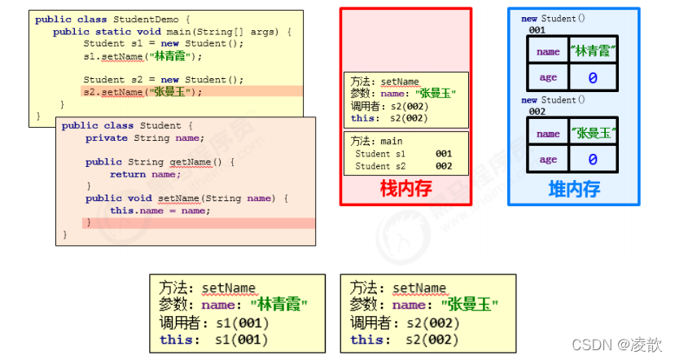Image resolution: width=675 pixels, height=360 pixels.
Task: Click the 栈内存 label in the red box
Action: (x=405, y=189)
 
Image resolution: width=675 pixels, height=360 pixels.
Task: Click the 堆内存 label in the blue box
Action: (x=574, y=190)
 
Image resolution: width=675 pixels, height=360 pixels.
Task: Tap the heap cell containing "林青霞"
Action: (x=593, y=50)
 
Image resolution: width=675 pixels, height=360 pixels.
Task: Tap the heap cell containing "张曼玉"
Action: (x=593, y=133)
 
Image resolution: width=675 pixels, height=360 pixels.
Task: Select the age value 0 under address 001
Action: (x=593, y=78)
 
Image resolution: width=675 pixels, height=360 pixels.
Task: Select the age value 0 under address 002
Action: (x=593, y=160)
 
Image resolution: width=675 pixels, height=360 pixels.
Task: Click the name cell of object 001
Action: (x=548, y=50)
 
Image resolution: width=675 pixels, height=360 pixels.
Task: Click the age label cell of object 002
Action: (x=548, y=160)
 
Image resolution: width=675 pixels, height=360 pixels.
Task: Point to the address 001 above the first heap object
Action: (x=537, y=29)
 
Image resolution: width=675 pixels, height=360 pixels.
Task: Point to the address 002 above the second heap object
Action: (x=537, y=111)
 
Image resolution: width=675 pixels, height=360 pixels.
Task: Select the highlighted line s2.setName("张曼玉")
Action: (x=142, y=92)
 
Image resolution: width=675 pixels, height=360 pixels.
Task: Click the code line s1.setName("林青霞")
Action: (x=142, y=56)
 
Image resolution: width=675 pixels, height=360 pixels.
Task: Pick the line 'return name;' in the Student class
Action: (x=144, y=174)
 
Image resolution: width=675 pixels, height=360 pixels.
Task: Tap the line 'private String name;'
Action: (x=145, y=138)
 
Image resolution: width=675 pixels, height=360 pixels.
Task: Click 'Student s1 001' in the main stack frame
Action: (x=403, y=153)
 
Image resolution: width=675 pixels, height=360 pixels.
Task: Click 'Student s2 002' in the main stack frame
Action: (x=403, y=165)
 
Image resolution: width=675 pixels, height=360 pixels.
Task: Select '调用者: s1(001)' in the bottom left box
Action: (x=214, y=322)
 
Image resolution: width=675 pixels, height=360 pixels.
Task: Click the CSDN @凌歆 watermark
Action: (x=617, y=345)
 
